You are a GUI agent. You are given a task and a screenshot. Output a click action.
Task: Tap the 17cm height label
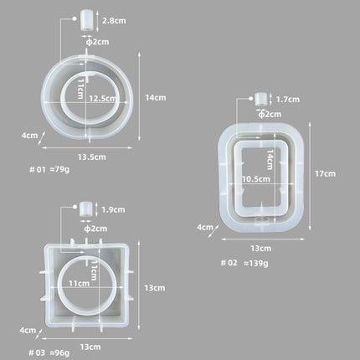[x=326, y=173]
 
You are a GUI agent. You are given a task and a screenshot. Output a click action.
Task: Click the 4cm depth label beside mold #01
[x=30, y=135]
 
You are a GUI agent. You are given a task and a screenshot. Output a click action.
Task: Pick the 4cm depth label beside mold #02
[x=203, y=227]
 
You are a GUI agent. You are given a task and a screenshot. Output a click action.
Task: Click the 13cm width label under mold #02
[x=260, y=248]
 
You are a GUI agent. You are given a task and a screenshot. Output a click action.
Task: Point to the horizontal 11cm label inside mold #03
[x=80, y=284]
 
